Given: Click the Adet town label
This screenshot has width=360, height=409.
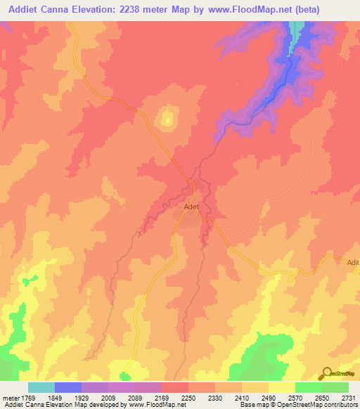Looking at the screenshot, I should pos(192,207).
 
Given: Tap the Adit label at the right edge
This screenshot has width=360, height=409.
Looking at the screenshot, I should pos(353,262).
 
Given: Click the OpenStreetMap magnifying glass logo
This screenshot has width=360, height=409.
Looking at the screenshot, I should pos(327,372).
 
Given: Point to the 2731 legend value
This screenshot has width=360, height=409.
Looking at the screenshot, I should pos(349,398).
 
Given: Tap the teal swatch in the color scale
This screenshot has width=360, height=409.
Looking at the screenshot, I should pos(41,387).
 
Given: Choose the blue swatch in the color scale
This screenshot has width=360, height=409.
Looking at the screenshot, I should pos(68,387).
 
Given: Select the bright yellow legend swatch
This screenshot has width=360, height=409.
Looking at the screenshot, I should pos(282,387).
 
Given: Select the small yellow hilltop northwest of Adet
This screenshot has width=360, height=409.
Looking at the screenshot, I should pos(167,118).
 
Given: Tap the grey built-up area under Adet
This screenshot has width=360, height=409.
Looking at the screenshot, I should pos(188,218).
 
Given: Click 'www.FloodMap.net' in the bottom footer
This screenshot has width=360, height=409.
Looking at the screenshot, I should pos(153,405).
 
